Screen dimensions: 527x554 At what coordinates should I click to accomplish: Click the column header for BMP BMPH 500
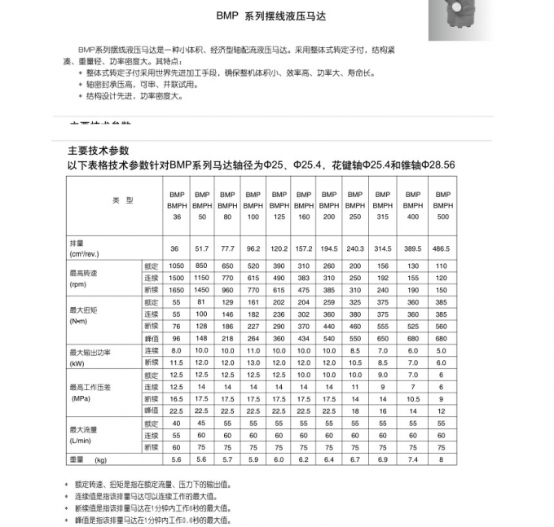click(442, 206)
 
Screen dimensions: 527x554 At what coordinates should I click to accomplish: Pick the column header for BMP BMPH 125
click(279, 206)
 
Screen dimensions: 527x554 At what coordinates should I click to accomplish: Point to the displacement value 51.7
click(201, 248)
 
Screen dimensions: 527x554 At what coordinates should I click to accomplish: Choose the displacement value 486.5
click(442, 248)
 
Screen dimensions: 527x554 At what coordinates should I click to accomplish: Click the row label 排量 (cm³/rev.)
click(84, 248)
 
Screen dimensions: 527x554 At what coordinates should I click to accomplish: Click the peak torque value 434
click(303, 338)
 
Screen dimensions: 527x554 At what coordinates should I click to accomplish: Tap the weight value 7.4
click(413, 459)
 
